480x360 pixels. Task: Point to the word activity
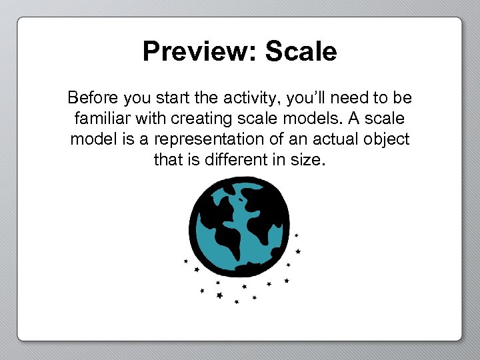click(x=249, y=99)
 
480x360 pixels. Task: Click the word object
click(x=387, y=140)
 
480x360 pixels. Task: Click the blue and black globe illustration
click(x=239, y=227)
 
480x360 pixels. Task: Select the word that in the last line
click(x=167, y=160)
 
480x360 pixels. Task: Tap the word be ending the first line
click(x=403, y=99)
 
